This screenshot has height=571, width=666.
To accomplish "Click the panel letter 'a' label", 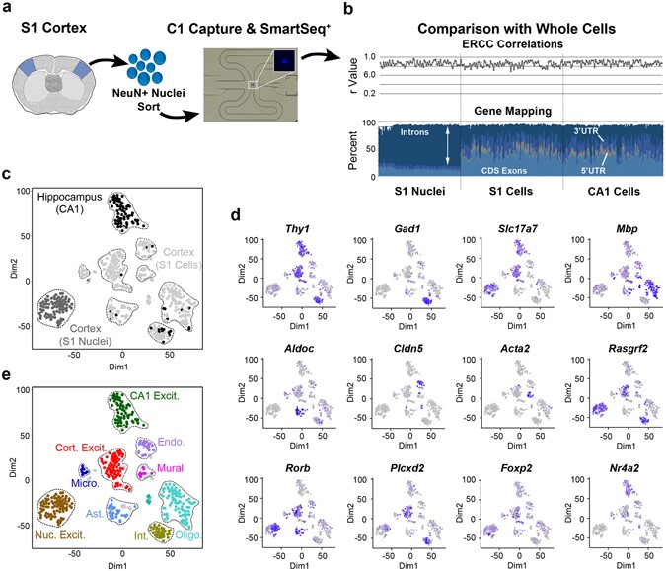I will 8,9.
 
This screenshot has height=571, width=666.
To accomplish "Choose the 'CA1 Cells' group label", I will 610,190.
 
